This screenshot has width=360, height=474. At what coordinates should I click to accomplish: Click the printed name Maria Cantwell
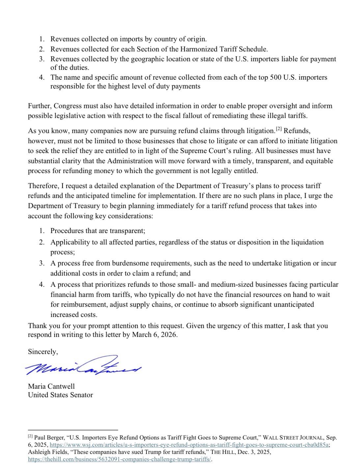51,386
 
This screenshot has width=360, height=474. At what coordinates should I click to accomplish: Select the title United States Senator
60,395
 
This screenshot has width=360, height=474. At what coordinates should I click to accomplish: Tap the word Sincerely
42,352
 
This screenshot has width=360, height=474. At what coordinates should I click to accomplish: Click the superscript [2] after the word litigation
279,129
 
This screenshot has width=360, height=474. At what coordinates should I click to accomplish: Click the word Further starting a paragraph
40,106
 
